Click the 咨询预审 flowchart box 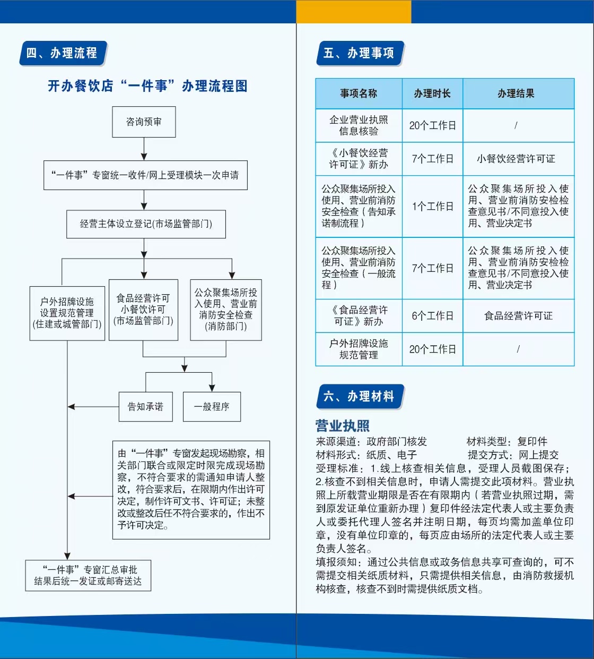(144, 122)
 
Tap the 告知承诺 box (146, 406)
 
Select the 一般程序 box (212, 406)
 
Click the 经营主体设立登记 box (146, 224)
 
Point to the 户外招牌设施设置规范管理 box (67, 313)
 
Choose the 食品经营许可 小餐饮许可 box (143, 310)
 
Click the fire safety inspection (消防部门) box (226, 310)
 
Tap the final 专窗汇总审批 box (88, 575)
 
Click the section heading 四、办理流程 (63, 53)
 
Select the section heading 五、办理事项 (360, 53)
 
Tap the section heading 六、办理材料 (360, 396)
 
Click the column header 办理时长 (432, 93)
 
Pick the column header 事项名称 (359, 93)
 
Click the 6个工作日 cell (432, 316)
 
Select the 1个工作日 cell (432, 207)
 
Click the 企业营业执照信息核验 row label (359, 125)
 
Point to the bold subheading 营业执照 (343, 426)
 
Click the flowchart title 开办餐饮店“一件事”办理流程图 (147, 86)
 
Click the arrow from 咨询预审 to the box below (144, 149)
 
